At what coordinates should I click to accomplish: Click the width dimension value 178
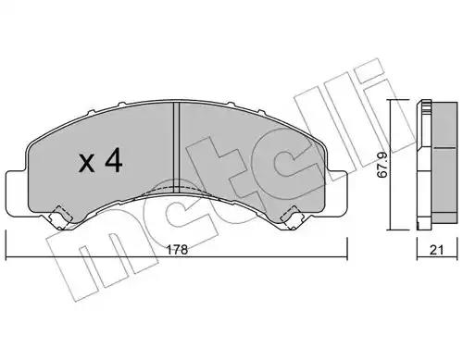[177, 250]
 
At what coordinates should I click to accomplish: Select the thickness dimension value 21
[436, 250]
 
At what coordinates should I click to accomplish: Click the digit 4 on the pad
[114, 162]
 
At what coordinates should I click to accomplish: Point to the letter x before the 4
[87, 164]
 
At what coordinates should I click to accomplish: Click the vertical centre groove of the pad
[176, 148]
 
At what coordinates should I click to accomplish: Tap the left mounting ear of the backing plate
[17, 192]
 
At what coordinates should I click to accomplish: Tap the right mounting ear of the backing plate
[337, 192]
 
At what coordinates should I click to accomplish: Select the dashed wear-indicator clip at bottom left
[62, 217]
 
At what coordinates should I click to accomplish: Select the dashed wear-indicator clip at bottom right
[291, 217]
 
